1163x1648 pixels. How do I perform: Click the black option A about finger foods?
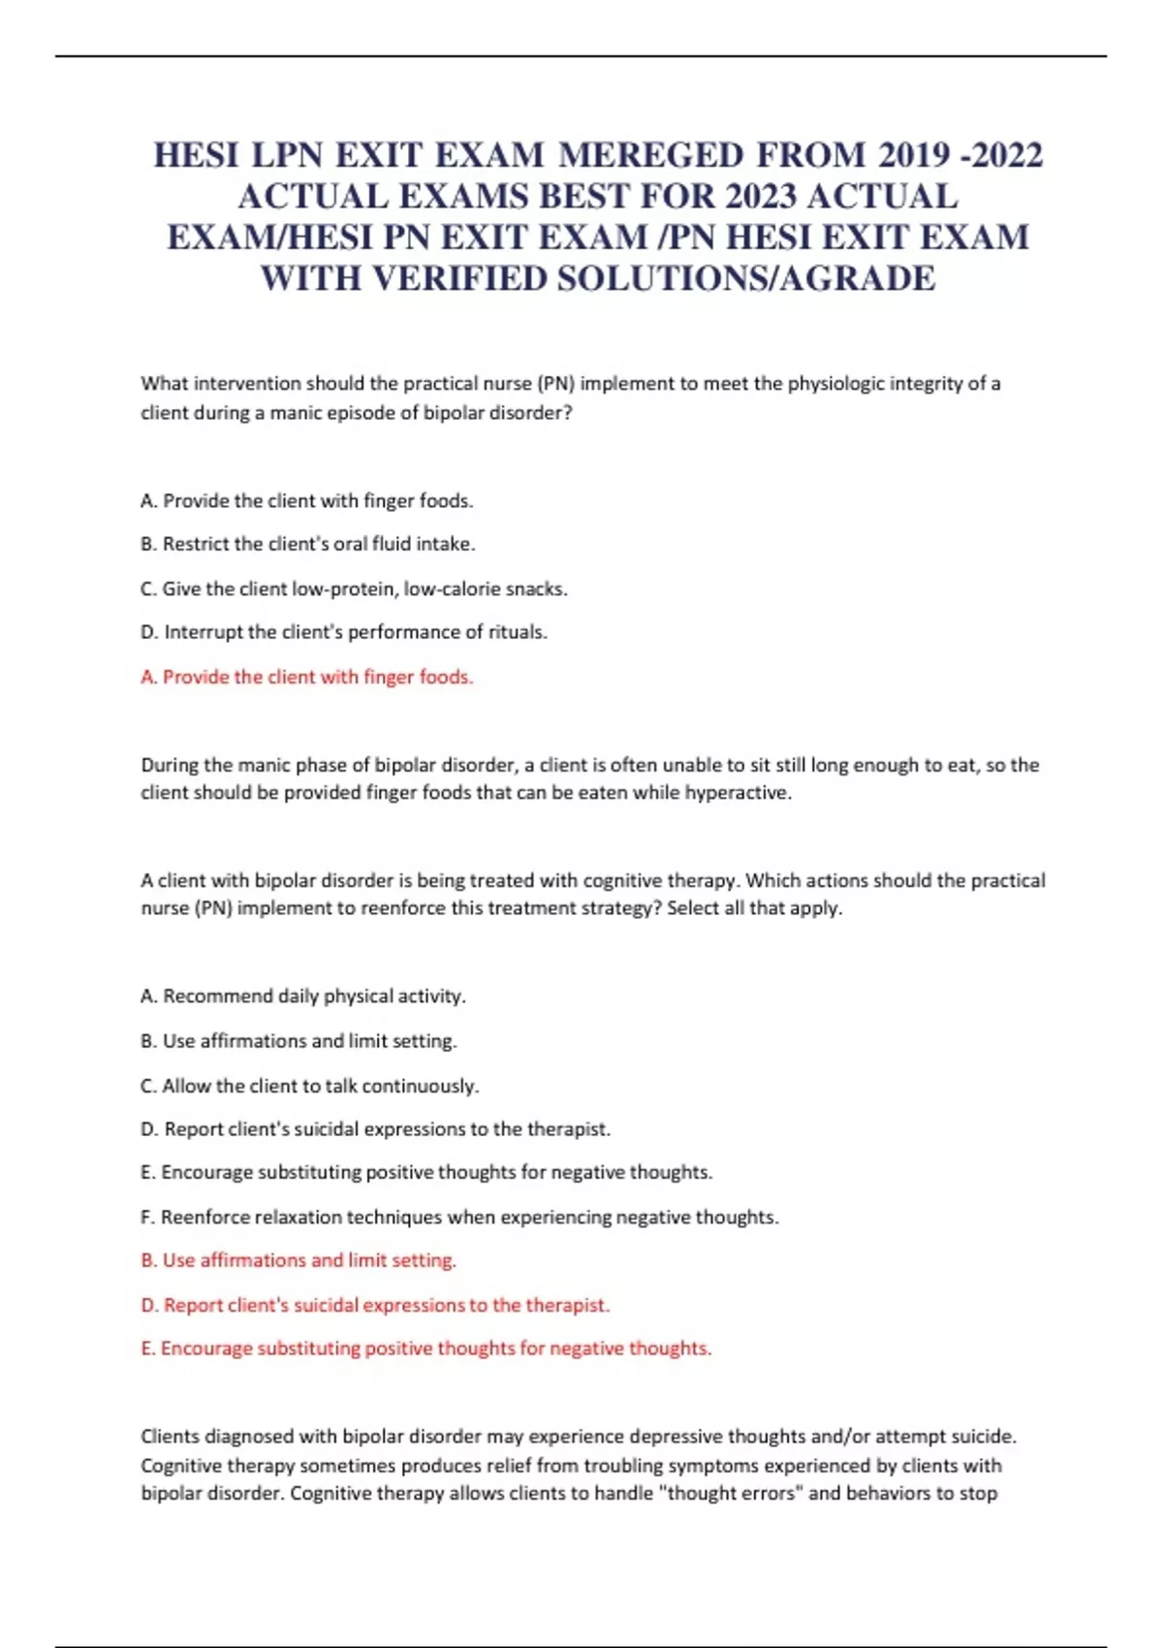(x=306, y=501)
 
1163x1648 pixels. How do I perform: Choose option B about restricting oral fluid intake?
(x=307, y=544)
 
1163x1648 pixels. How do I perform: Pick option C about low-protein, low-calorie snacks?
(x=354, y=588)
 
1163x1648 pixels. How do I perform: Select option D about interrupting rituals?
(x=344, y=632)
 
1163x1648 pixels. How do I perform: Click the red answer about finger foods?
(x=306, y=677)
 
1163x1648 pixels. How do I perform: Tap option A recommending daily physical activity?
(x=302, y=996)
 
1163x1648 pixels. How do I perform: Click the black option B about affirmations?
(x=299, y=1040)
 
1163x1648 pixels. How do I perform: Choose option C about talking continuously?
(x=309, y=1086)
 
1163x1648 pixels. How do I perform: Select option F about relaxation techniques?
(x=459, y=1217)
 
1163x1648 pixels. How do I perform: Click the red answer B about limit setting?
(x=299, y=1260)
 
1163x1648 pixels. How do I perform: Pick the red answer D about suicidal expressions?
(x=375, y=1305)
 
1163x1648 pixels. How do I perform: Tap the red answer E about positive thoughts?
(x=426, y=1348)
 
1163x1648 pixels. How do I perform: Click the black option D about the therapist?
(x=375, y=1128)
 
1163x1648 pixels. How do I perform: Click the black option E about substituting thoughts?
(x=426, y=1172)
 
